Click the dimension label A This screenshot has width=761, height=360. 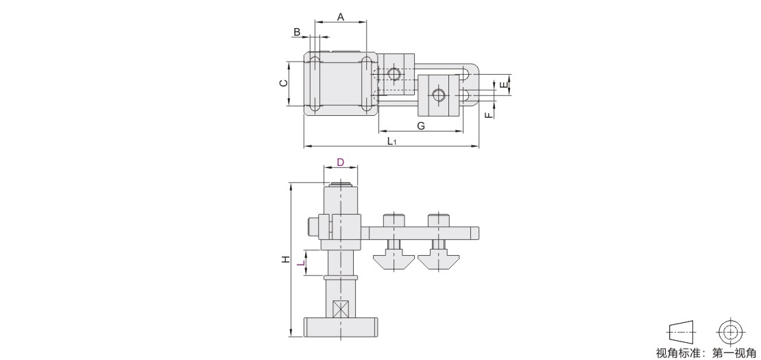pyautogui.click(x=341, y=17)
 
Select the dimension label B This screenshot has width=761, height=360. pyautogui.click(x=297, y=32)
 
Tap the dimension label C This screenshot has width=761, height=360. pyautogui.click(x=283, y=83)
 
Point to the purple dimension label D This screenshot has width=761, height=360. pyautogui.click(x=340, y=162)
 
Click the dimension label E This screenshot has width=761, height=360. pyautogui.click(x=505, y=85)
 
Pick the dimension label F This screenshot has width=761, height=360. pyautogui.click(x=489, y=115)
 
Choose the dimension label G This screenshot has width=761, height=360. pyautogui.click(x=421, y=126)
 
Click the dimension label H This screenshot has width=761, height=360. pyautogui.click(x=286, y=259)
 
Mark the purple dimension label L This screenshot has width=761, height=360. pyautogui.click(x=301, y=263)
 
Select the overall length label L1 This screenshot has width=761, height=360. pyautogui.click(x=392, y=141)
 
